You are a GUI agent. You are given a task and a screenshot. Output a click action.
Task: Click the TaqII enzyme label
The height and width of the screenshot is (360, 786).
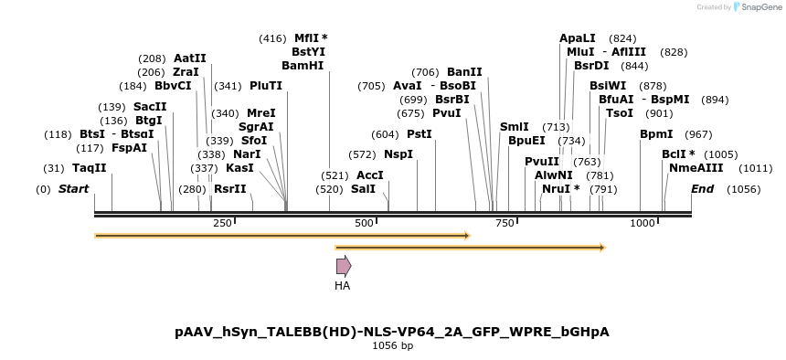coord(90,168)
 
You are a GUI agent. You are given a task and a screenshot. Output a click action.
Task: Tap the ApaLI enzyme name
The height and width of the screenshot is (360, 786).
coord(577,38)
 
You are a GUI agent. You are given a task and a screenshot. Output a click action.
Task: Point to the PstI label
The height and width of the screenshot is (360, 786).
coord(420,134)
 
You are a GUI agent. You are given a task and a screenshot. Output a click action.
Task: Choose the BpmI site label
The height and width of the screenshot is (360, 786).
coord(656,134)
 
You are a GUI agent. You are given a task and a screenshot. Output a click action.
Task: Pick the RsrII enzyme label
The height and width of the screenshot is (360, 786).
coord(229,189)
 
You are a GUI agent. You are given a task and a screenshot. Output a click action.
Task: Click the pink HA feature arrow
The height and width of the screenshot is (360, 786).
coord(344,266)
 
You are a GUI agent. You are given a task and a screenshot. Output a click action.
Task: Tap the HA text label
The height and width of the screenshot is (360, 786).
coord(342,286)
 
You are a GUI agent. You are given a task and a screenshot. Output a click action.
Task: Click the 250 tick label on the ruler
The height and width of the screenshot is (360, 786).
coord(222,224)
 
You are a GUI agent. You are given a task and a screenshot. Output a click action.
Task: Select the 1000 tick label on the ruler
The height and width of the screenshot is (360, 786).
coord(643,224)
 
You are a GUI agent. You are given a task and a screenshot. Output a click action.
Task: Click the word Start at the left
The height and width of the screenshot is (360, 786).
coord(74,189)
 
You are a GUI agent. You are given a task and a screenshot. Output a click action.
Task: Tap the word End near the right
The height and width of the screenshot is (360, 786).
coord(702,189)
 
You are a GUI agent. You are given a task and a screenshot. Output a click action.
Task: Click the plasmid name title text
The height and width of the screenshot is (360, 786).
coord(391,332)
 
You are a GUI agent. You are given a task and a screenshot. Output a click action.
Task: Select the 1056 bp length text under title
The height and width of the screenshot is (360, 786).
coord(392,346)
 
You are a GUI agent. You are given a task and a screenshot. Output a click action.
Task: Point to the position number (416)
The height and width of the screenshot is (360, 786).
coord(272,38)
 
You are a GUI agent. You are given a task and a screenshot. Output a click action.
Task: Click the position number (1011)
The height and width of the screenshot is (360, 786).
coord(756,168)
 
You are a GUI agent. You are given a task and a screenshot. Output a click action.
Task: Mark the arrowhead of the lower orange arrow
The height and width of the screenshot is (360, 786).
coord(601,247)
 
